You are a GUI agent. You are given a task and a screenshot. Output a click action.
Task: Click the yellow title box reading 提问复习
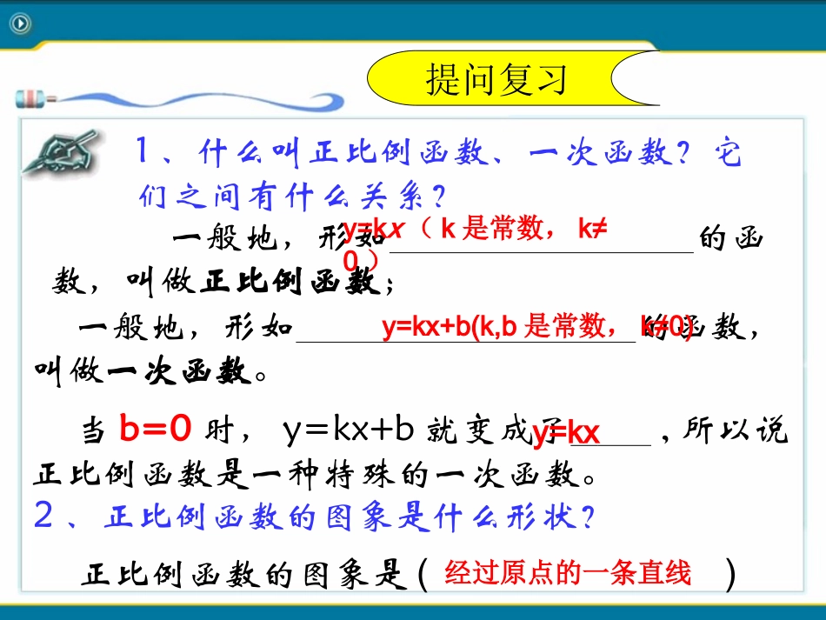click(496, 79)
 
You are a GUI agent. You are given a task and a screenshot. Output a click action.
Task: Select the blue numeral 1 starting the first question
click(145, 153)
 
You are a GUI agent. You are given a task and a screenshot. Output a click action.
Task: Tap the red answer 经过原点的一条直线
click(567, 574)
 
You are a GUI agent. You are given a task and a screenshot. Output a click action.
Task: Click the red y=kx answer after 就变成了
click(566, 433)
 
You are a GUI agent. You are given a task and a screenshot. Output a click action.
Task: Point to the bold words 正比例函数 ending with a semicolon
click(290, 282)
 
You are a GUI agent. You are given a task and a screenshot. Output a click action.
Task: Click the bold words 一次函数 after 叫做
click(180, 372)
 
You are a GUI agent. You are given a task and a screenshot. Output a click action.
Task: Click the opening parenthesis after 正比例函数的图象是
click(423, 575)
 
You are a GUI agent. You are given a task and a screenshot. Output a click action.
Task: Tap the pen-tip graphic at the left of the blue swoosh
click(30, 97)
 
